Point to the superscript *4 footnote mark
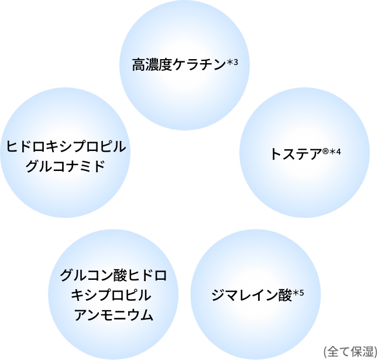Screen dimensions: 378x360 pos(335,152)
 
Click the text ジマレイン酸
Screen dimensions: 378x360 pos(252,295)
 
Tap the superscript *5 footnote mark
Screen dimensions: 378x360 pos(298,293)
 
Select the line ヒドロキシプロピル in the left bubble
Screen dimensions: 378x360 pos(66,146)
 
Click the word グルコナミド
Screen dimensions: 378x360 pos(66,166)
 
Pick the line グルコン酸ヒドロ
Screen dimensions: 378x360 pos(113,275)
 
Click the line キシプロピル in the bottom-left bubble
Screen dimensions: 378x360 pos(111,295)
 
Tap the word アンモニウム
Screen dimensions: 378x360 pos(114,315)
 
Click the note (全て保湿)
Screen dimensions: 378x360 pos(350,351)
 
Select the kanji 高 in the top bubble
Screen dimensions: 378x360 pos(139,65)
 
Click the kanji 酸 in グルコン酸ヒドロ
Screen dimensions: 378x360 pos(119,275)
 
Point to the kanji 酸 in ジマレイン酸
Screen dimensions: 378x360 pos(285,295)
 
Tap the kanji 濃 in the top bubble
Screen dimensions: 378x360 pos(152,65)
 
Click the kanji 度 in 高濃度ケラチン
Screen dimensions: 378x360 pos(166,65)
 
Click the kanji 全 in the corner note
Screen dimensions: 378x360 pos(333,351)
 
